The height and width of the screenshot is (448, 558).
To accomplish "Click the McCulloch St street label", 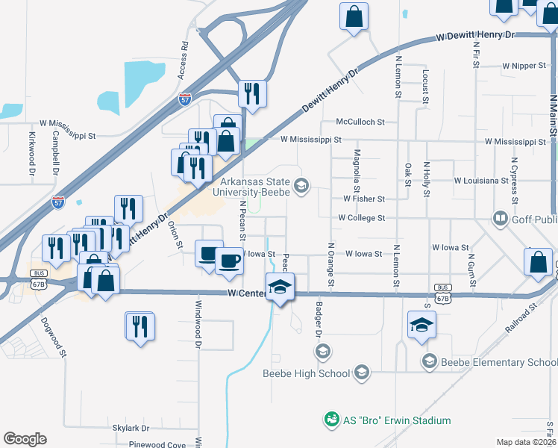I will coord(360,122).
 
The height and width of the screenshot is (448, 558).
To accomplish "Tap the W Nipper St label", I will coord(524,66).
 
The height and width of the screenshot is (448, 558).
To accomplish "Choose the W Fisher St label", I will coord(363,199).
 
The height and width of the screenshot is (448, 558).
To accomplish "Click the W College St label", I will coord(361,218).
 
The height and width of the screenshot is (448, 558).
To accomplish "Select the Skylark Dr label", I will coord(131,429).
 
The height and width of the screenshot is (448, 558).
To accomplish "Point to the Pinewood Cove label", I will coord(155,445).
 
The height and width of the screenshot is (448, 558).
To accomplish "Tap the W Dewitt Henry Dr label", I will coord(475,35).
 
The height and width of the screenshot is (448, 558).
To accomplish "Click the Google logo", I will coord(25,439).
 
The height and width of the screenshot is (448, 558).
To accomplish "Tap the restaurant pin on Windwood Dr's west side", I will coord(139,327).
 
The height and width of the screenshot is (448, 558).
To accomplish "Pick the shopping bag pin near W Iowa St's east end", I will coord(538,263).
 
